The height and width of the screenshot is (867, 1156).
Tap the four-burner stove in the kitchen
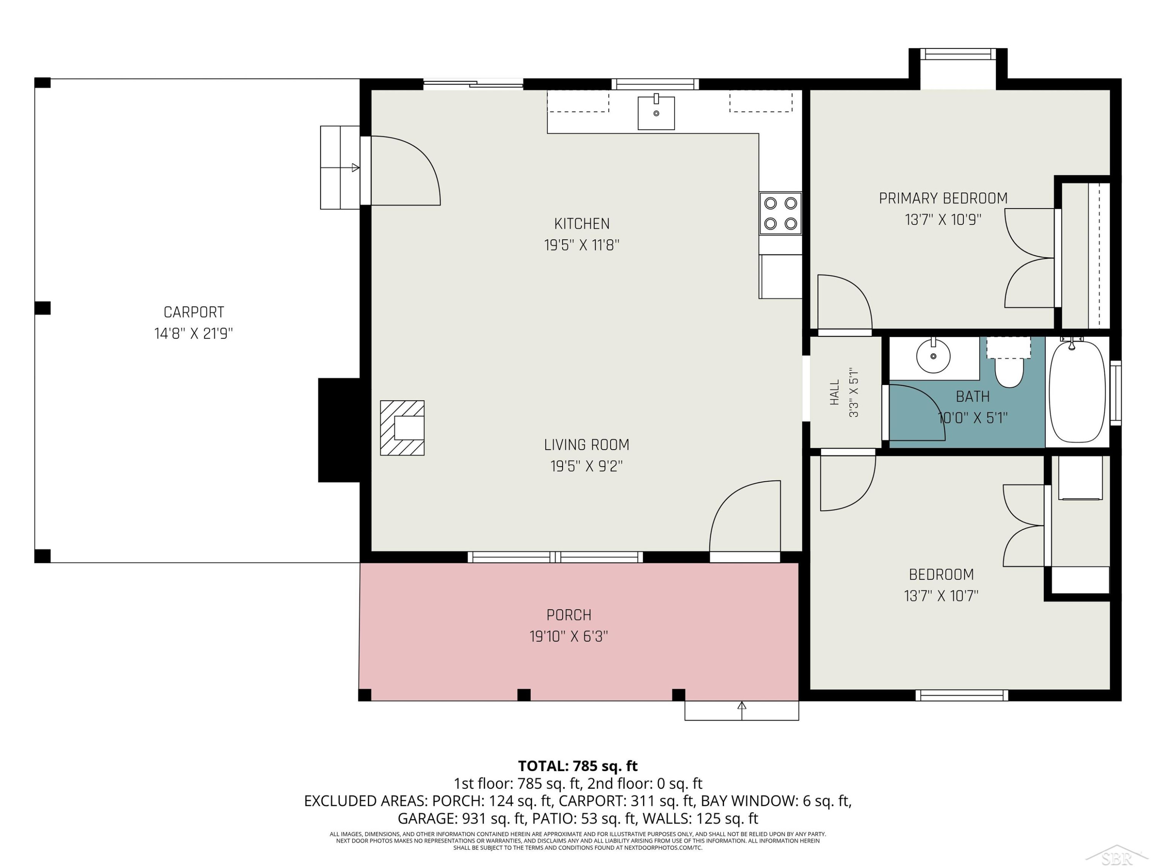(780, 213)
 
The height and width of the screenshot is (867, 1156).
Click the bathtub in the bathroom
(1077, 391)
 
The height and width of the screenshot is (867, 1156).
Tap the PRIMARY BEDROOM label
(943, 198)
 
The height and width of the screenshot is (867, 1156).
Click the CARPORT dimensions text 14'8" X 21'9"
(193, 333)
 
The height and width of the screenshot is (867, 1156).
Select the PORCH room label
(569, 615)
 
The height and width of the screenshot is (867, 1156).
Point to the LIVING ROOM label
(586, 445)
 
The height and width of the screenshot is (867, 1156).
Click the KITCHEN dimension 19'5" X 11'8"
(581, 245)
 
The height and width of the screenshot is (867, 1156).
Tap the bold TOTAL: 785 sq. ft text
(578, 766)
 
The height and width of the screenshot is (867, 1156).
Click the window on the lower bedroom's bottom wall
(961, 695)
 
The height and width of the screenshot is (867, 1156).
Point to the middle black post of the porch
(524, 694)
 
